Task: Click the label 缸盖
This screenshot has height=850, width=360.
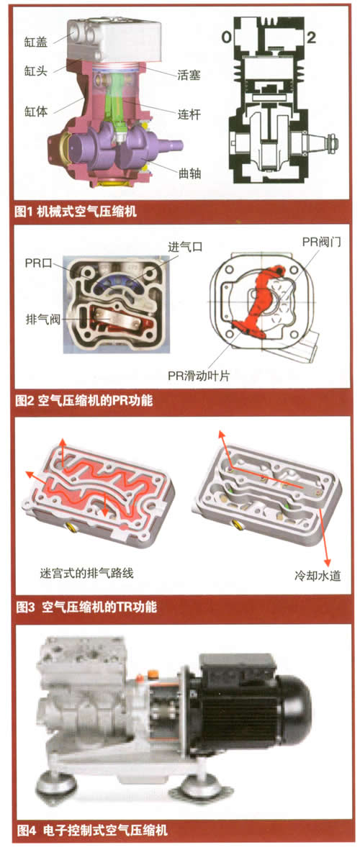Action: pyautogui.click(x=36, y=41)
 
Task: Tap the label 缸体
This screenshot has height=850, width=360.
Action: pyautogui.click(x=36, y=112)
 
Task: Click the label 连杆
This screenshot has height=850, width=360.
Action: pyautogui.click(x=190, y=114)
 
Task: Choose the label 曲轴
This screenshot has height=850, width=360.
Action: pyautogui.click(x=190, y=173)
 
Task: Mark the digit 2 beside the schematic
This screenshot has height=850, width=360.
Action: pyautogui.click(x=310, y=37)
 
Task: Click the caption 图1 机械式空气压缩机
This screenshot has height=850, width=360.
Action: pyautogui.click(x=76, y=211)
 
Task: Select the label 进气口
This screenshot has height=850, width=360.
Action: pyautogui.click(x=185, y=247)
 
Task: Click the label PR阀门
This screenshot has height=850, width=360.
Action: pyautogui.click(x=322, y=243)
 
